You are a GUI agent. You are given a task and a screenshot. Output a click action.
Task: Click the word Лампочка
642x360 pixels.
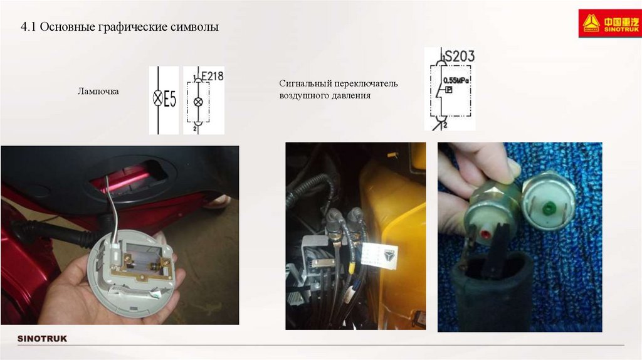[98, 92]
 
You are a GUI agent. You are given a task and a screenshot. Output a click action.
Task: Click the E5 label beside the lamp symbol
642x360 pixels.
[170, 99]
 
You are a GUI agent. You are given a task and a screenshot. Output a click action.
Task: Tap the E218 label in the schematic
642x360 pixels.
[213, 76]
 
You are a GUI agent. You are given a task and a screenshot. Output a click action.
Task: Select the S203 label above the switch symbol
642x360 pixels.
[460, 56]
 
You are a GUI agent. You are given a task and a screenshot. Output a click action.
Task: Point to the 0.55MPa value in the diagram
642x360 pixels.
[456, 81]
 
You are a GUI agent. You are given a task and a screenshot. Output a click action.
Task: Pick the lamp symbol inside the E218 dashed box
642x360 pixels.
[198, 102]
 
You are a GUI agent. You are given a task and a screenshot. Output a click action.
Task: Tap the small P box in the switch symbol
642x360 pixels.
[449, 90]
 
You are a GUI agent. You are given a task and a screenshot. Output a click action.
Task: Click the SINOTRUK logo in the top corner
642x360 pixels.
[610, 23]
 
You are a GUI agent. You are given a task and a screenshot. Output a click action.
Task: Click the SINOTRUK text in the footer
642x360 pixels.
[42, 339]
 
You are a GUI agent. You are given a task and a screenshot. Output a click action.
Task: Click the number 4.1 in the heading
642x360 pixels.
[28, 27]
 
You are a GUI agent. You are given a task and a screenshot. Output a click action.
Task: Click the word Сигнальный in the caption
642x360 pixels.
[305, 83]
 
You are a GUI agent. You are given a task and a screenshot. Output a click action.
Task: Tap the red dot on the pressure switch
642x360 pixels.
[486, 235]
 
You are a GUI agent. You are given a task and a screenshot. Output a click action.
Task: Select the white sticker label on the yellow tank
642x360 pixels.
[380, 255]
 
